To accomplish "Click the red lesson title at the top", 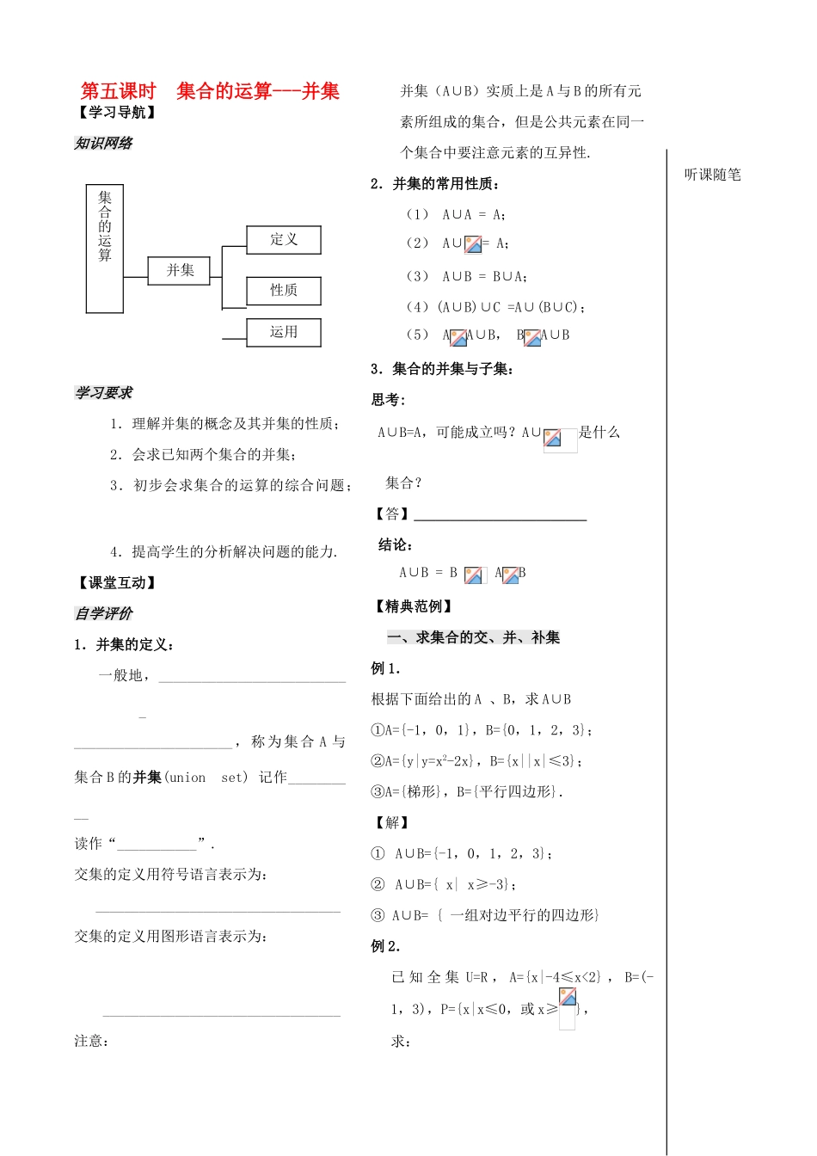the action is click(x=210, y=91).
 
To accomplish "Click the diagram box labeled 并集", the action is click(x=180, y=270).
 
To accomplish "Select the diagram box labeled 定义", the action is click(x=283, y=240).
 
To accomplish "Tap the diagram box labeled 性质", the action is click(x=283, y=291).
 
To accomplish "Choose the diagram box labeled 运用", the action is click(x=283, y=332).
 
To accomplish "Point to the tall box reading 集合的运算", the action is click(x=105, y=249).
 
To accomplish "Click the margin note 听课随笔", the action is click(x=712, y=175).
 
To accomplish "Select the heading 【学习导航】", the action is click(x=117, y=113).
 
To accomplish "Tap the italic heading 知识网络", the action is click(x=103, y=144).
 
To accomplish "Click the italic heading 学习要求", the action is click(x=103, y=393).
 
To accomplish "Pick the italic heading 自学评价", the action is click(x=103, y=613).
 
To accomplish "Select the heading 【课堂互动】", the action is click(x=117, y=583).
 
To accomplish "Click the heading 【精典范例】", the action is click(x=413, y=606).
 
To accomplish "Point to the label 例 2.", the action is click(x=385, y=946).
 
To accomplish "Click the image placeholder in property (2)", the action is click(x=473, y=244).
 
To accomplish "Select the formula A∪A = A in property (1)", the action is click(x=473, y=215).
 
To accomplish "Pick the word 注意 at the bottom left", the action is click(x=90, y=1041).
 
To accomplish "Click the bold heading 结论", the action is click(x=396, y=544).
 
